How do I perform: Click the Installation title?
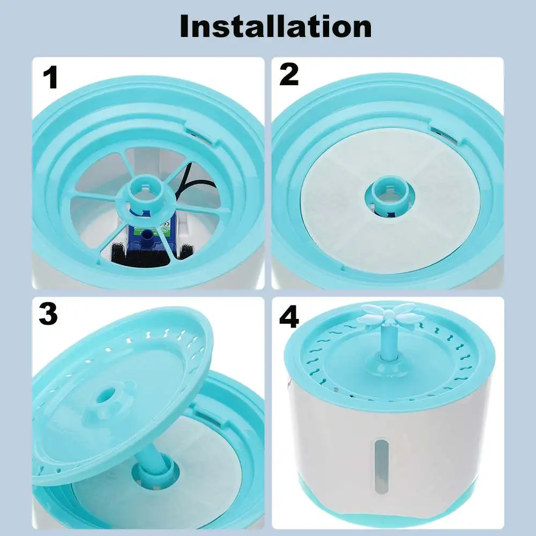point(276,26)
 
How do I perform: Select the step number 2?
point(289,75)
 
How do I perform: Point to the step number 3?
point(48,315)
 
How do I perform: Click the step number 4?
point(289,318)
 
